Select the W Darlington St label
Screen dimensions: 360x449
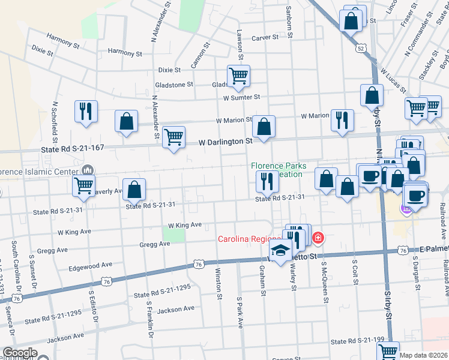(226, 142)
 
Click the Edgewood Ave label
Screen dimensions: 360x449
(91, 265)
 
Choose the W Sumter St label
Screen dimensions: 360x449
(241, 97)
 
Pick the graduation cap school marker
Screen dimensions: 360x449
(280, 251)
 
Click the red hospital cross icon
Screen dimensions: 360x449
(317, 239)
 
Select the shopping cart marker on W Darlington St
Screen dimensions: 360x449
(174, 137)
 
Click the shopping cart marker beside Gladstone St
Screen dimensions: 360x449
(239, 76)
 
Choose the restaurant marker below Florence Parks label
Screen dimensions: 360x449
(265, 180)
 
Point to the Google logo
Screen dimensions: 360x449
(20, 353)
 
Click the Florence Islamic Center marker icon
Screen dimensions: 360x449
(89, 170)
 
